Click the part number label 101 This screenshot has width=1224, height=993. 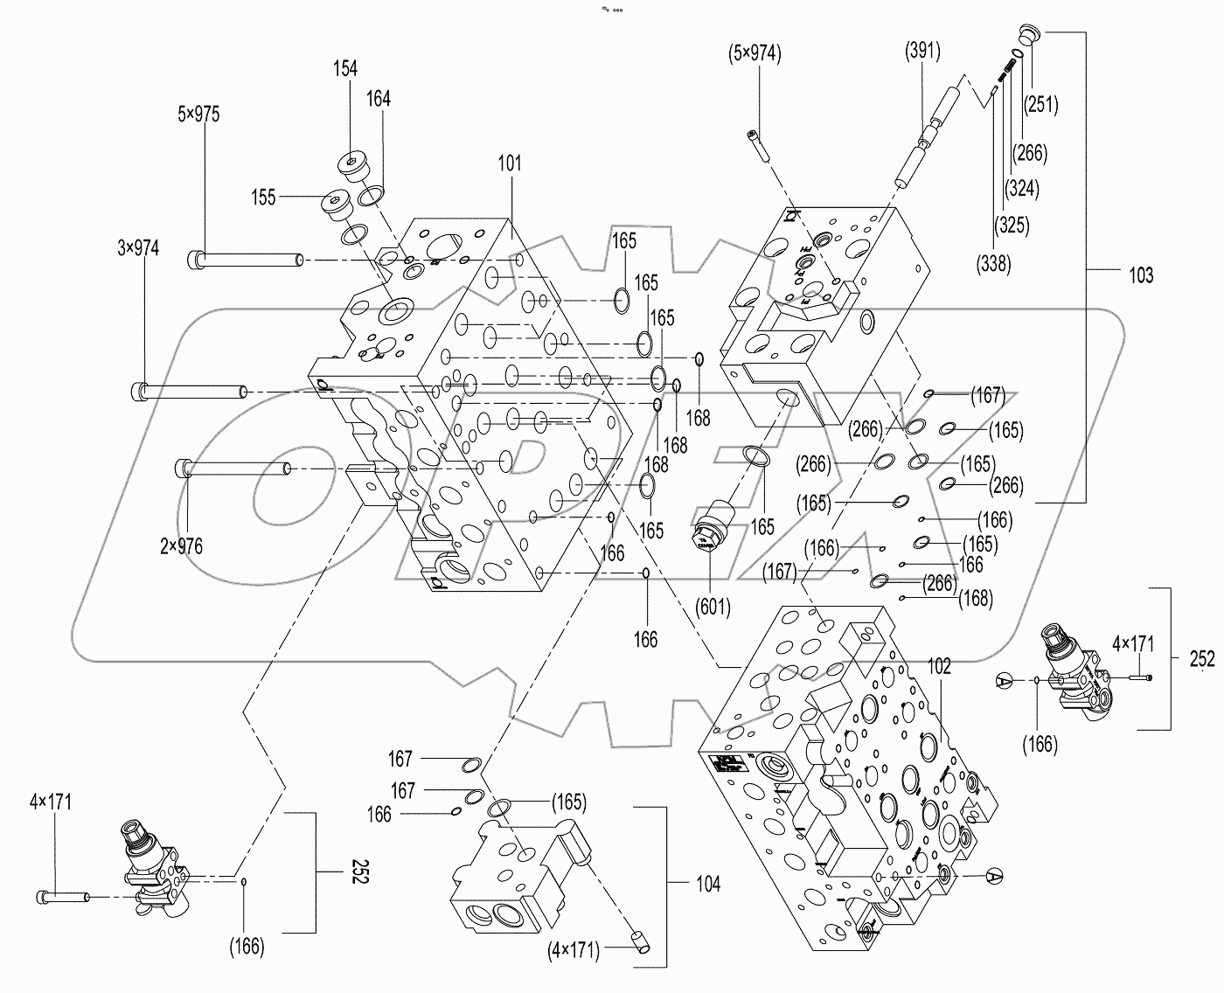coord(509,163)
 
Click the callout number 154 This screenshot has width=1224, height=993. coord(345,69)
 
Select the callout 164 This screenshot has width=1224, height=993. coord(378,99)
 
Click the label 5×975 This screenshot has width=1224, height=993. coord(198,115)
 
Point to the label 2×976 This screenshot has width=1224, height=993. coord(181,547)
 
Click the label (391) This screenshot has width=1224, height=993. coord(922,52)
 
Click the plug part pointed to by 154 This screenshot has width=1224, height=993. coord(356,167)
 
